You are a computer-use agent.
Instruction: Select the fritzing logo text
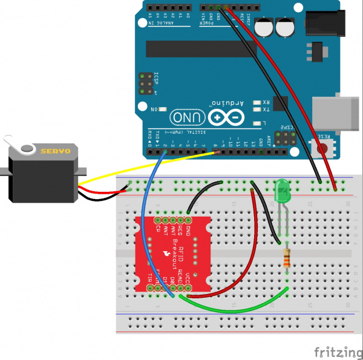pyautogui.click(x=335, y=352)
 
